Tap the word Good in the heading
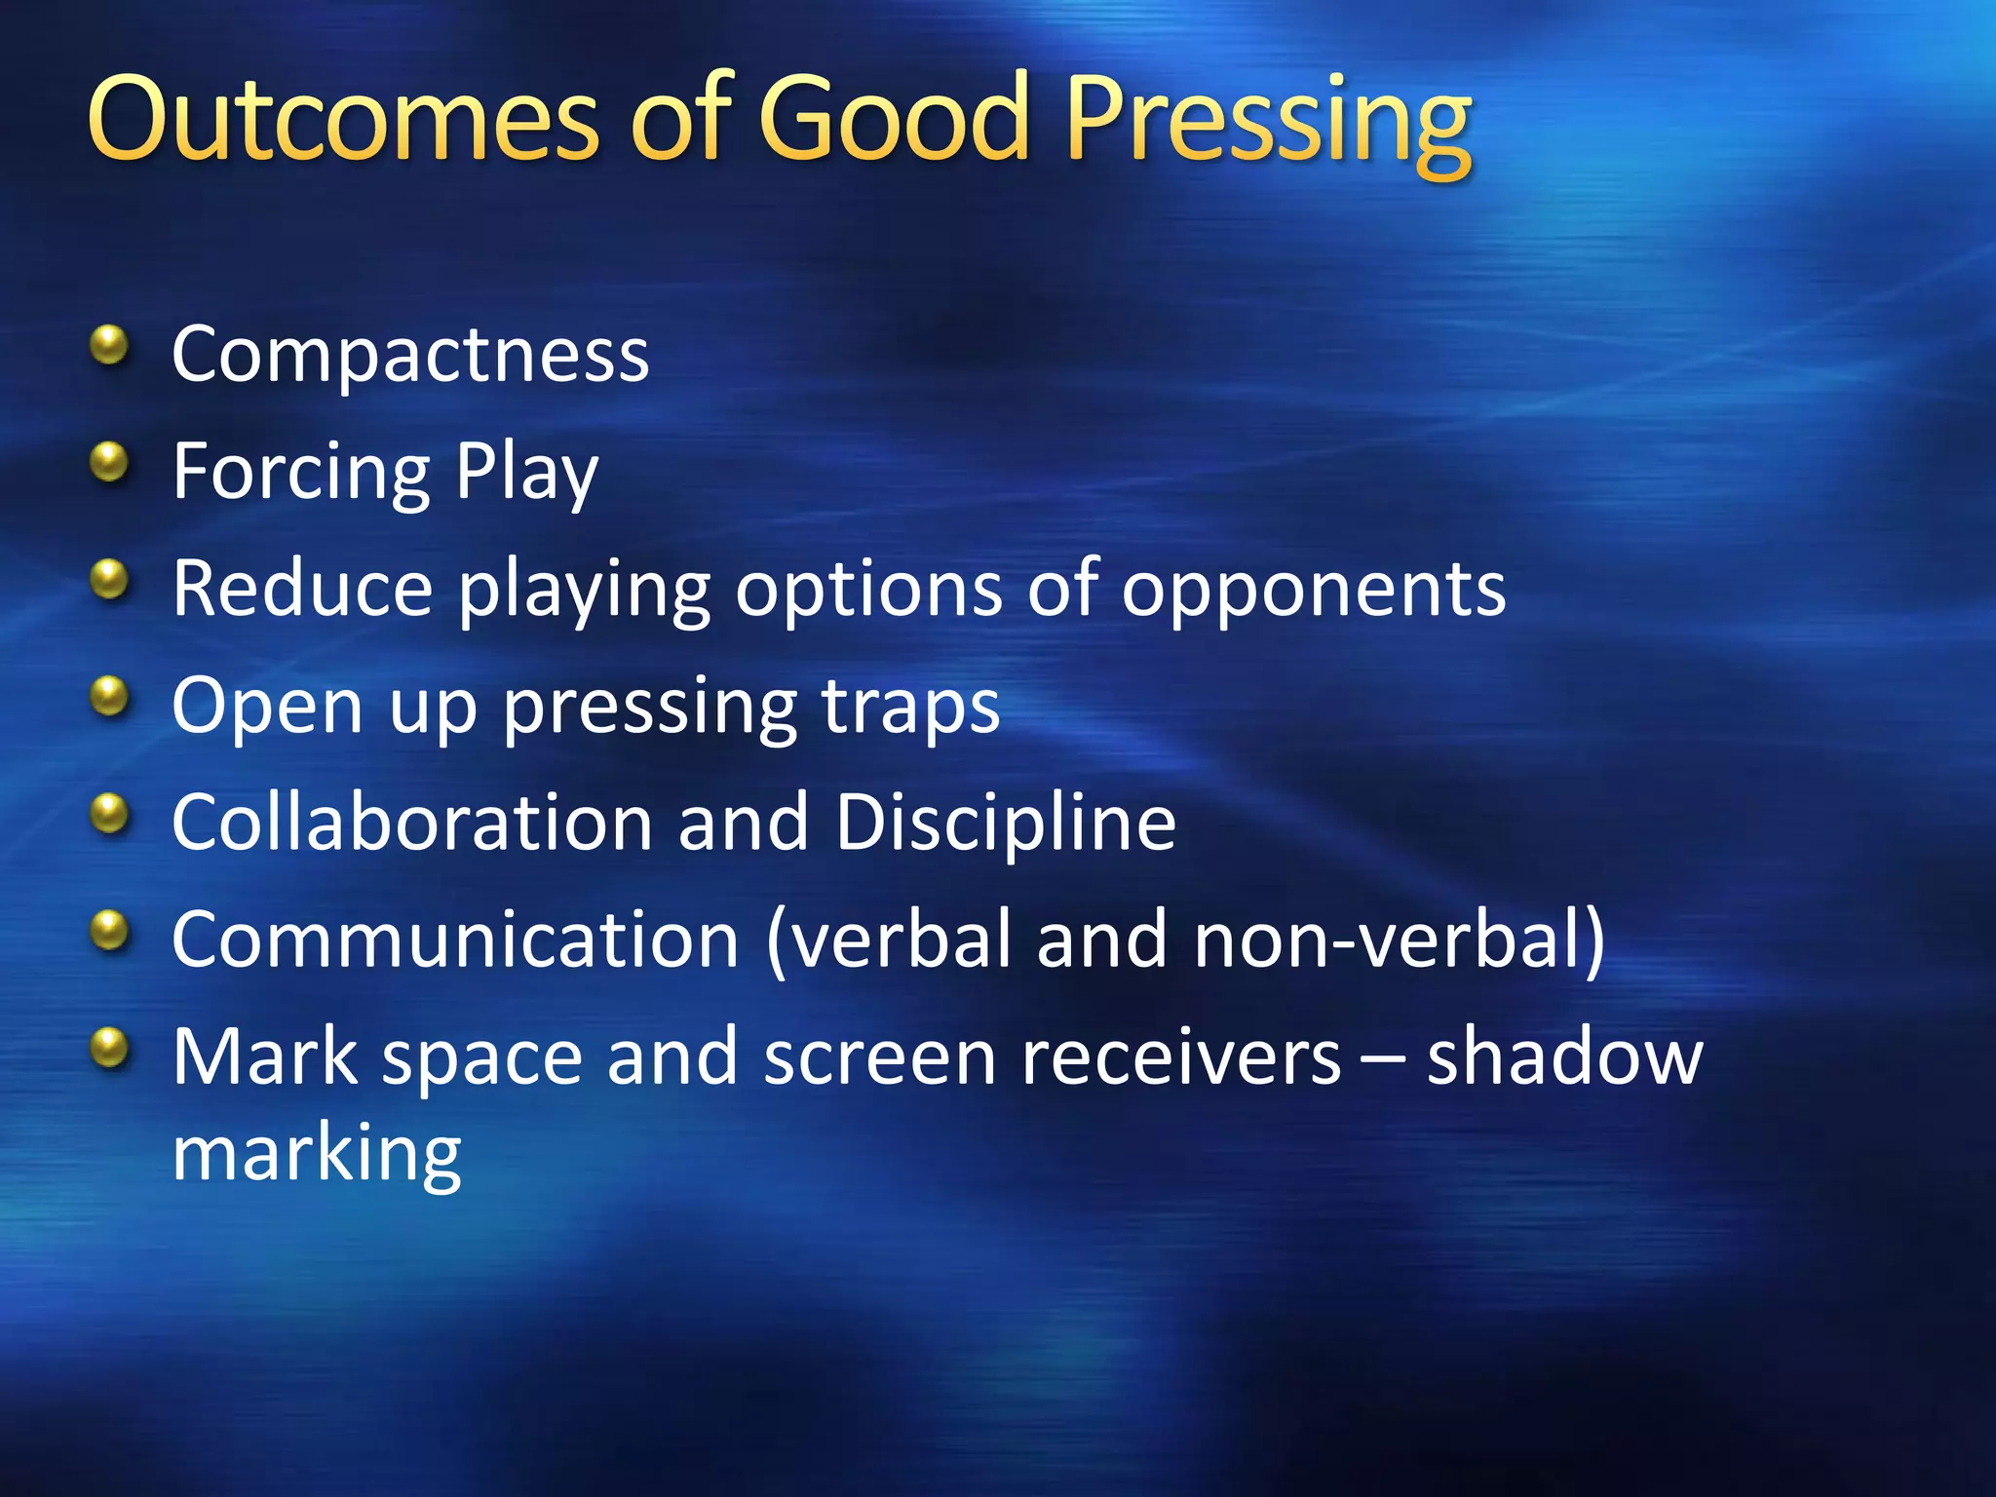click(x=894, y=119)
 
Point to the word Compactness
click(x=410, y=355)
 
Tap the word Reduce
click(x=302, y=589)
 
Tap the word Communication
click(x=455, y=940)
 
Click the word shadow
click(x=1564, y=1056)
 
